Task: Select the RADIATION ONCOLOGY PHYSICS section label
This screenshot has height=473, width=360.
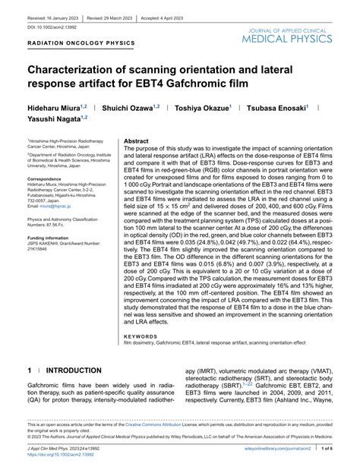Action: [81, 43]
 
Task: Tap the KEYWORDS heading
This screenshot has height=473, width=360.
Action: [142, 335]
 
